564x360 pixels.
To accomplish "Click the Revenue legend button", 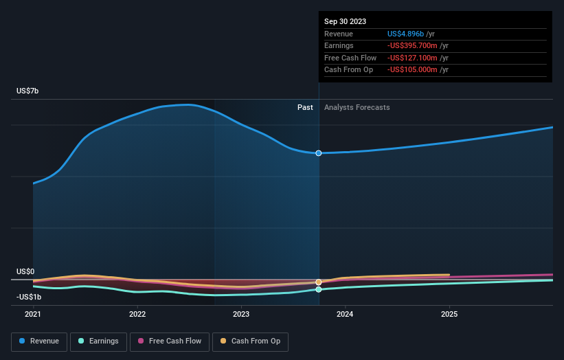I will [39, 341].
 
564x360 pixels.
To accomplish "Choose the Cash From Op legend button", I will [251, 341].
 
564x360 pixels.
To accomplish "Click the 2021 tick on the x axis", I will [33, 314].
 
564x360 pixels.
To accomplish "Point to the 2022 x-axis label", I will [137, 314].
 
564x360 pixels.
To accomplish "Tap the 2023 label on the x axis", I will [241, 314].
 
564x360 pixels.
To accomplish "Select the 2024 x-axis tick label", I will [345, 314].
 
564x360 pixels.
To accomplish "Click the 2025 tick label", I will [449, 314].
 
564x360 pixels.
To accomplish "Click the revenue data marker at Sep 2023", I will [319, 153].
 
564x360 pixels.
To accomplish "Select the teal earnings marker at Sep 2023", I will [319, 289].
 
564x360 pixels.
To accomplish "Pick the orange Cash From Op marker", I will [319, 282].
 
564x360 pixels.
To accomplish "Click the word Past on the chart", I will [305, 108].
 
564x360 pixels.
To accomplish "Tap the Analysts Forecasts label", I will [357, 108].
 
